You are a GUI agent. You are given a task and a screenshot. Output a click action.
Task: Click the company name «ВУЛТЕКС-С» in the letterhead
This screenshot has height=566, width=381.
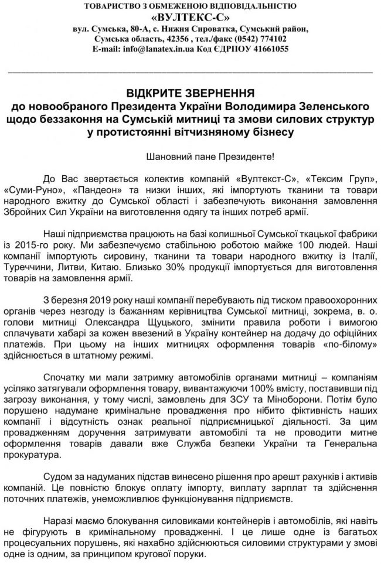click(x=190, y=18)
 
